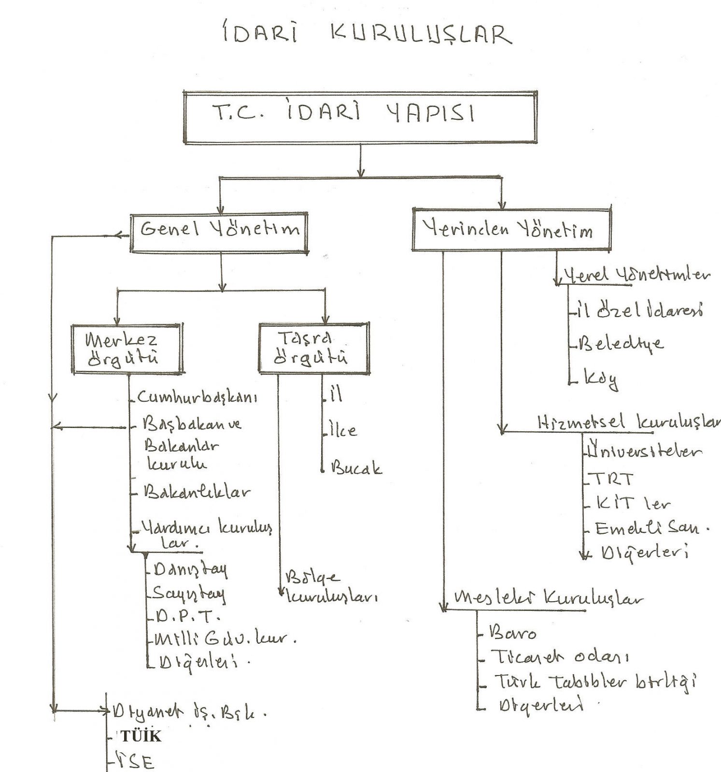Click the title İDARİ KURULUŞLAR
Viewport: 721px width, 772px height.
tap(366, 34)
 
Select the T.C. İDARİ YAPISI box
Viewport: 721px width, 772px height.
tap(360, 117)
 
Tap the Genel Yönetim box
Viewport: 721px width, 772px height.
tap(219, 233)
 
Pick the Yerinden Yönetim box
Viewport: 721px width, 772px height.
tap(511, 229)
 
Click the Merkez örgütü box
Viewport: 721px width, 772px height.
tap(127, 349)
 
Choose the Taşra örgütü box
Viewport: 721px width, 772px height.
tap(314, 348)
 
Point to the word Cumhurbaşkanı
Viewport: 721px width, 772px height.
tap(197, 397)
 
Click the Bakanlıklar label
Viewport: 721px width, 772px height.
tap(197, 492)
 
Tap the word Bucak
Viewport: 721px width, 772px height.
tap(356, 468)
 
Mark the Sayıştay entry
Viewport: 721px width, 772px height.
tap(189, 593)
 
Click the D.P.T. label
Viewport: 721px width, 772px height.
tap(186, 617)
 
